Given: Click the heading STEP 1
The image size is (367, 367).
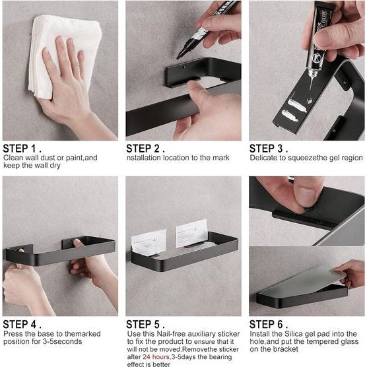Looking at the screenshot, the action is [22, 149].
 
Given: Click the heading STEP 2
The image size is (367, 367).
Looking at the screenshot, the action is [145, 149].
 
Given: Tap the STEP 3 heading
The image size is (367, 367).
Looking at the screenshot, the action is [269, 149].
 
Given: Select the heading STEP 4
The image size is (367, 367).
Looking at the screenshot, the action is [22, 325].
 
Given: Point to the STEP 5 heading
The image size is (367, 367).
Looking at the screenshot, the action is [145, 325].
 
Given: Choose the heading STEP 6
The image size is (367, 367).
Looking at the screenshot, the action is [269, 325].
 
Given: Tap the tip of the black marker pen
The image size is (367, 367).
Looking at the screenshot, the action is [178, 57].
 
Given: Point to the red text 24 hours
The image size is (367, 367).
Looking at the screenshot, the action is [156, 357].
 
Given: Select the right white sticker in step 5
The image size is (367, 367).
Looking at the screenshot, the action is [191, 233].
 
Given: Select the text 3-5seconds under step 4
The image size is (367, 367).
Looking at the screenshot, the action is [62, 341].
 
